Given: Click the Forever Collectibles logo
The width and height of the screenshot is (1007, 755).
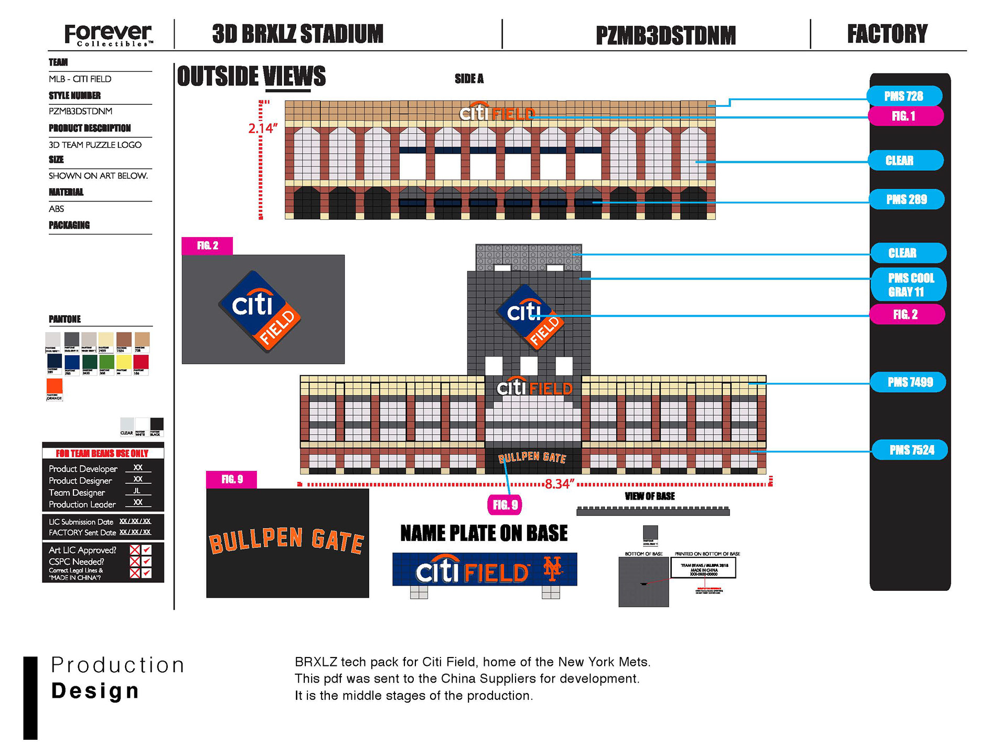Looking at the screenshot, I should coord(109,35).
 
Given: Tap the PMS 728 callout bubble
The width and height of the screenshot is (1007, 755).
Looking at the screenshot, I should coord(904,96).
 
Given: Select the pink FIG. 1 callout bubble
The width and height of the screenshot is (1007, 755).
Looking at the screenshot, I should coord(904,116).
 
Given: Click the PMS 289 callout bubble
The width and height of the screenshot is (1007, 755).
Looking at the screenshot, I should coord(906,199).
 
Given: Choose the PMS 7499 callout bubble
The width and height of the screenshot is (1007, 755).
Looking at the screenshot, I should coord(909,382).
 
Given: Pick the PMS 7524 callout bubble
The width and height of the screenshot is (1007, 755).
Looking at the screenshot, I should coord(911,450).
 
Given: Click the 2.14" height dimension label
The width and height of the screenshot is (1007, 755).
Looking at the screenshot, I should coord(263,128).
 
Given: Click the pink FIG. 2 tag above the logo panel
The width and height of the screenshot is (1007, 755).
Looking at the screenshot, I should coord(207,245).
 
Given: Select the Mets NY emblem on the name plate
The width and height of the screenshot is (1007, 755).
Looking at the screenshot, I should coord(552,569).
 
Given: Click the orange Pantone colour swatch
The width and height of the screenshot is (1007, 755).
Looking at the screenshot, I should coord(55,386).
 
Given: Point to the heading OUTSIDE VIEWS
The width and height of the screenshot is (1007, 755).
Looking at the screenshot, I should coord(251,77).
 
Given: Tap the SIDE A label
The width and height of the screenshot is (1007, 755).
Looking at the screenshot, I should coord(469,79).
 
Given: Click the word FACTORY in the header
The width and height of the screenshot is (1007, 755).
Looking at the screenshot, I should coord(887,34).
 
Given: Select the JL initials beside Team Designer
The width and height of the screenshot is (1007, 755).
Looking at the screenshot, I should coord(137,491).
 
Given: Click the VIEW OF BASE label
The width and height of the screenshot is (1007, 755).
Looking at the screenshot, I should coord(649,496).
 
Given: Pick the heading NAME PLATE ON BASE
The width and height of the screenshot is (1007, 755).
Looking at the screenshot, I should coord(484,533).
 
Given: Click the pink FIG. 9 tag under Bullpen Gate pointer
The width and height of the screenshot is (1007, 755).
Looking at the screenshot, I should coord(505,504).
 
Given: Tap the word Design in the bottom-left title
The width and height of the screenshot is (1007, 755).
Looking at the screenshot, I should coord(95,691).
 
